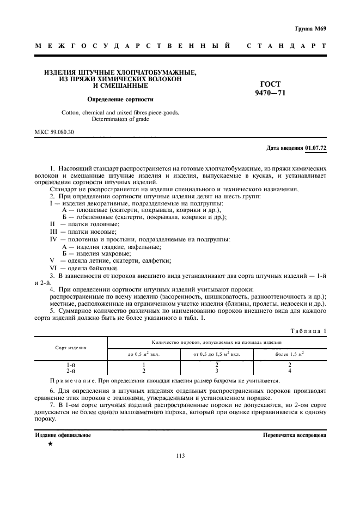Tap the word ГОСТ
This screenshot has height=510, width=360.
tap(271, 84)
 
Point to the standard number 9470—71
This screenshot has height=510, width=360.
tap(271, 93)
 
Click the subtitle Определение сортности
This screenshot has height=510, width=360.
tap(120, 100)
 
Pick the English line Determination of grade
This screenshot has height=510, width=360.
tap(120, 119)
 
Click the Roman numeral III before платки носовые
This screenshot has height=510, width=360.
tap(53, 231)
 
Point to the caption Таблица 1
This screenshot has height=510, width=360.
tap(308, 330)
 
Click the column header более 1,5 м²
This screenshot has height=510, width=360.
tap(304, 354)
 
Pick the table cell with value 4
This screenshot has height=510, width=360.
tap(304, 371)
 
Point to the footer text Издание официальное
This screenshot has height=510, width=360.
tap(63, 435)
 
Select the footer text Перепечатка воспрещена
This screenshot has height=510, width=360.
tap(295, 435)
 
